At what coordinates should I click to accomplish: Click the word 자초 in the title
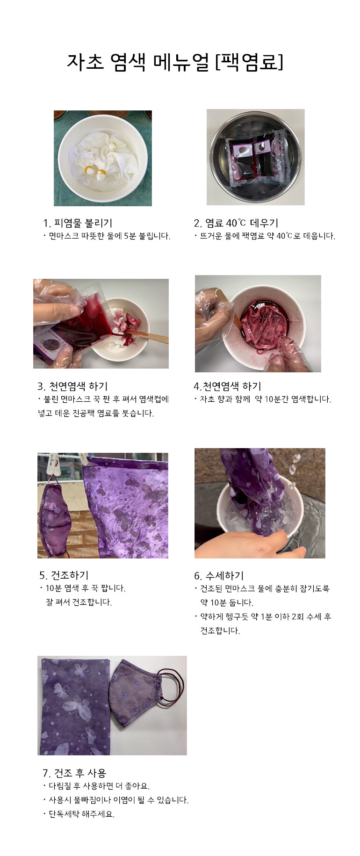(x=85, y=62)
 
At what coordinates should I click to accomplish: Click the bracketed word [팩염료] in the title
(x=249, y=62)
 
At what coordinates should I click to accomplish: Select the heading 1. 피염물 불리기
(x=78, y=223)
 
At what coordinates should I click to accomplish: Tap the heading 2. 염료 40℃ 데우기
(x=236, y=223)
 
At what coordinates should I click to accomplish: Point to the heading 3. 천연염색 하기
(x=72, y=386)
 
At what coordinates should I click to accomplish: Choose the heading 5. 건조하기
(x=64, y=575)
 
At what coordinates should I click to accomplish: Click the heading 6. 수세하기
(x=219, y=576)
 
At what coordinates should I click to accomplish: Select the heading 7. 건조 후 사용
(x=74, y=773)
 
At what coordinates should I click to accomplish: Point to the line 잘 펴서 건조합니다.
(x=79, y=602)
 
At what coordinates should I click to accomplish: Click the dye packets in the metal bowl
(x=254, y=158)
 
